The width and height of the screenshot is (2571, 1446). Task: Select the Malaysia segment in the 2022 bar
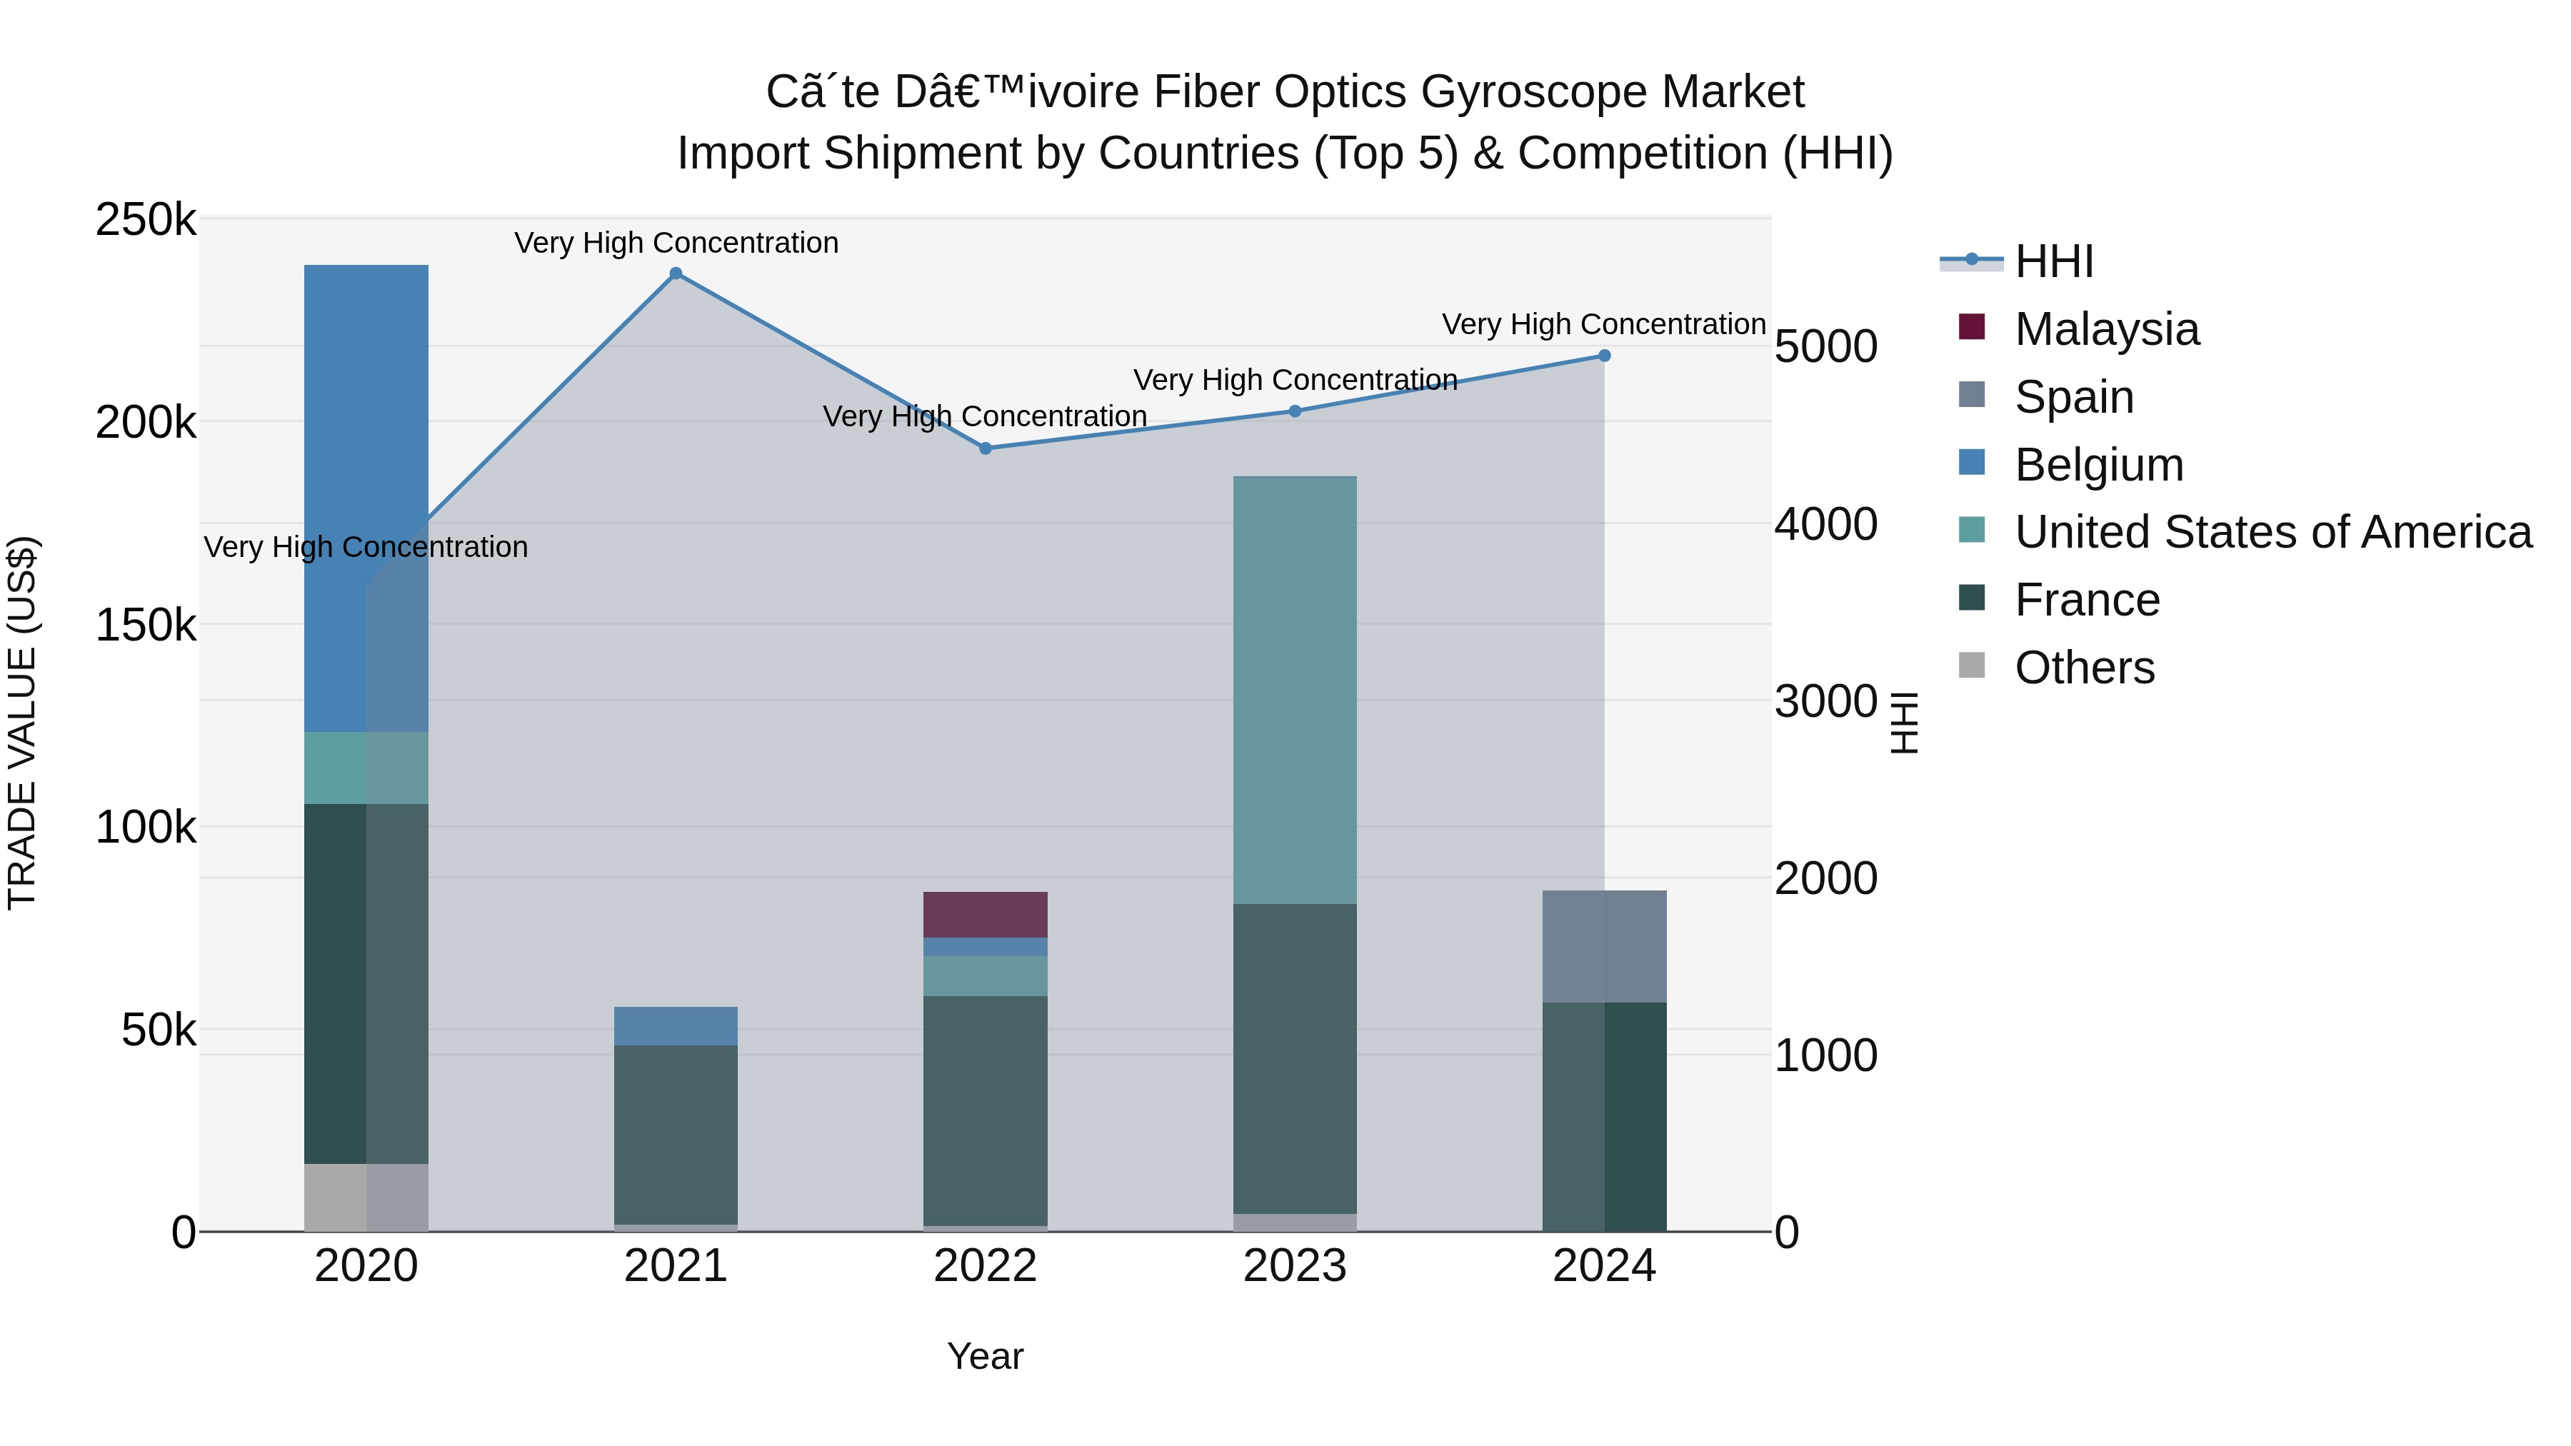pyautogui.click(x=985, y=914)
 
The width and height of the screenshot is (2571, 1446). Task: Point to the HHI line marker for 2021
pyautogui.click(x=676, y=273)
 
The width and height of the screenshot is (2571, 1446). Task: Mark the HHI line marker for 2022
pyautogui.click(x=985, y=448)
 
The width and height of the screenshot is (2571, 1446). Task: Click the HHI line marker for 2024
pyautogui.click(x=1604, y=356)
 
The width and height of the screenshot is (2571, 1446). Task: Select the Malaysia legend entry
pyautogui.click(x=2106, y=329)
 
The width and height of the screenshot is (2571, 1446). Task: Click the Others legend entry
pyautogui.click(x=2084, y=668)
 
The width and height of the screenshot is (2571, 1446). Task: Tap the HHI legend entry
pyautogui.click(x=2053, y=261)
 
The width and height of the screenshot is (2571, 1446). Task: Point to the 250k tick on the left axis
pyautogui.click(x=146, y=219)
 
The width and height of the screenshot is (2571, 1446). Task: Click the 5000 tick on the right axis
pyautogui.click(x=1825, y=347)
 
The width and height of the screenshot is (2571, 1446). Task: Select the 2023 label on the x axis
pyautogui.click(x=1295, y=1266)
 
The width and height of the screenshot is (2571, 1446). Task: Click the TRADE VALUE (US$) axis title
pyautogui.click(x=22, y=723)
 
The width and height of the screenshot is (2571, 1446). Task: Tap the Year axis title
pyautogui.click(x=985, y=1356)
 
